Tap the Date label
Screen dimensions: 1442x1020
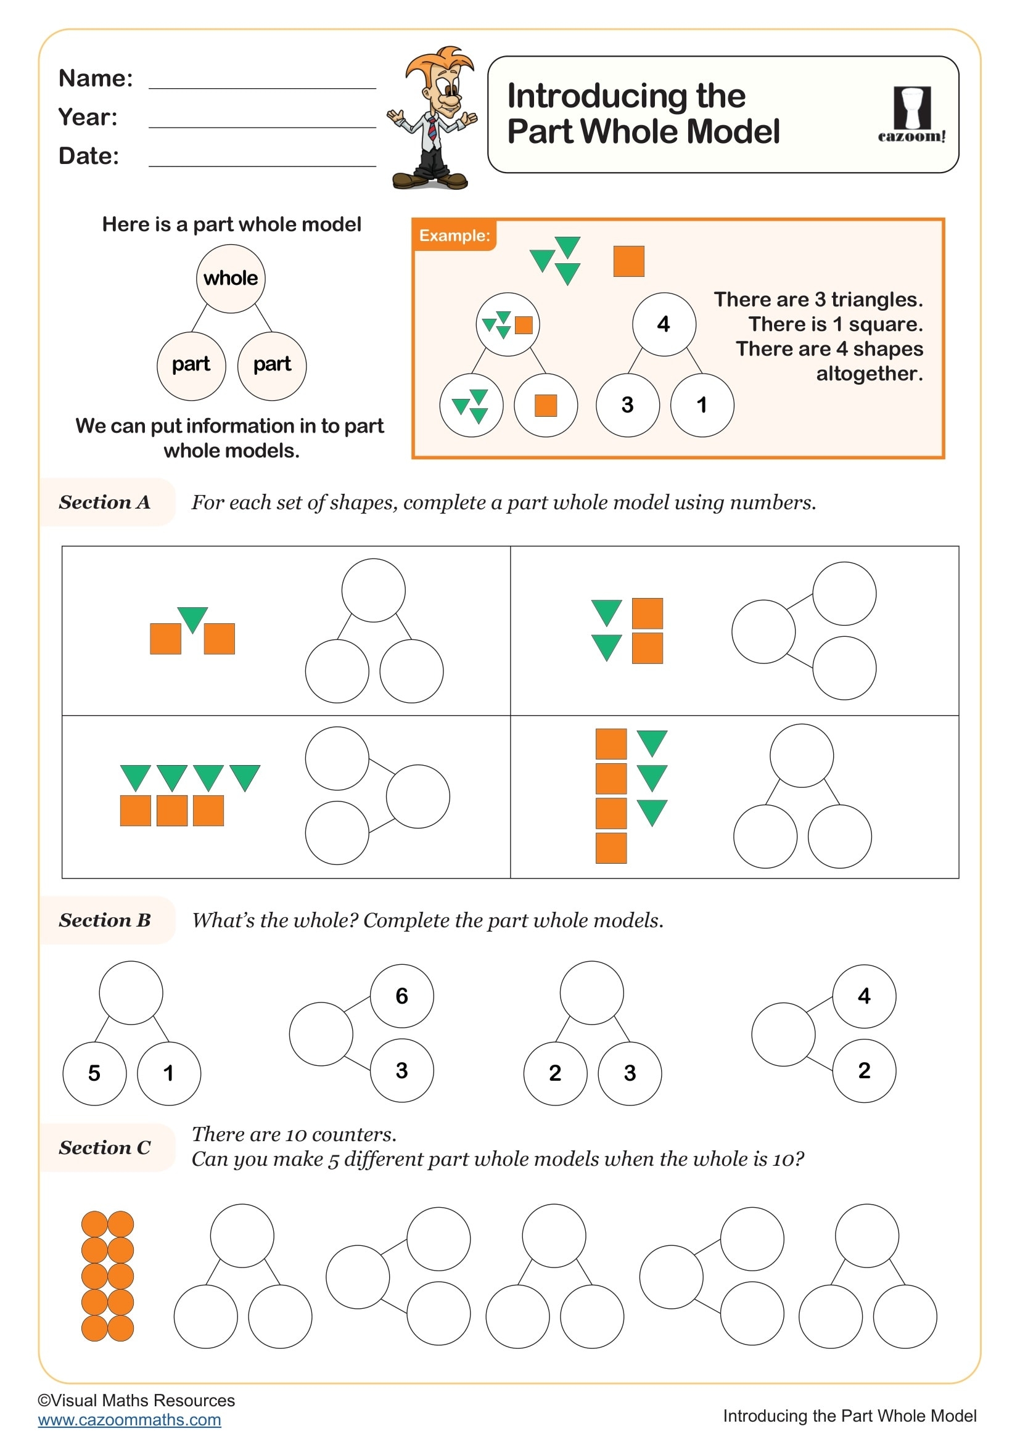89,156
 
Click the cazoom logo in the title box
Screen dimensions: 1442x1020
911,114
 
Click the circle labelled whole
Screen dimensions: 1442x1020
231,278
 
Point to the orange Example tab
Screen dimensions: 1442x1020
454,236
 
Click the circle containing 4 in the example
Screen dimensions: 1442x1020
664,324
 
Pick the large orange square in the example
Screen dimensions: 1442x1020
628,261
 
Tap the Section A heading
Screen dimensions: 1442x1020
105,502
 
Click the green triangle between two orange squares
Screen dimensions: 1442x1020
192,618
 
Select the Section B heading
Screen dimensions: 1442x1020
105,920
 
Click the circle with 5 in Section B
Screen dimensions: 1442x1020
94,1073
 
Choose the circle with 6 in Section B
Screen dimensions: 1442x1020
402,996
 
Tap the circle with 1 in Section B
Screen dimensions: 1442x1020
168,1073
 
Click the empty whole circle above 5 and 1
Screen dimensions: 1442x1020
131,993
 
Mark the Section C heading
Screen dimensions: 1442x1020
105,1147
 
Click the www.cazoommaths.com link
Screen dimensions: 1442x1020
130,1420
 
